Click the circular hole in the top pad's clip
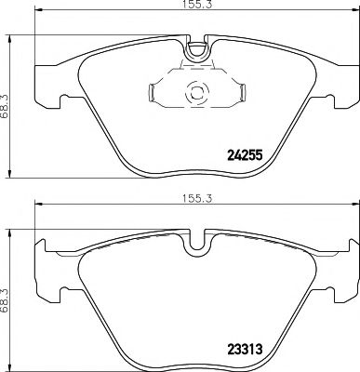195,92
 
